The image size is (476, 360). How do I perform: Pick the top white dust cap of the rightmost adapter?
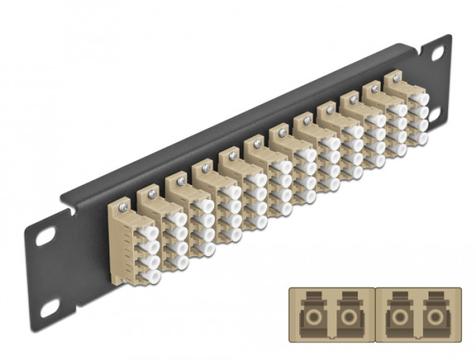click(419, 101)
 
